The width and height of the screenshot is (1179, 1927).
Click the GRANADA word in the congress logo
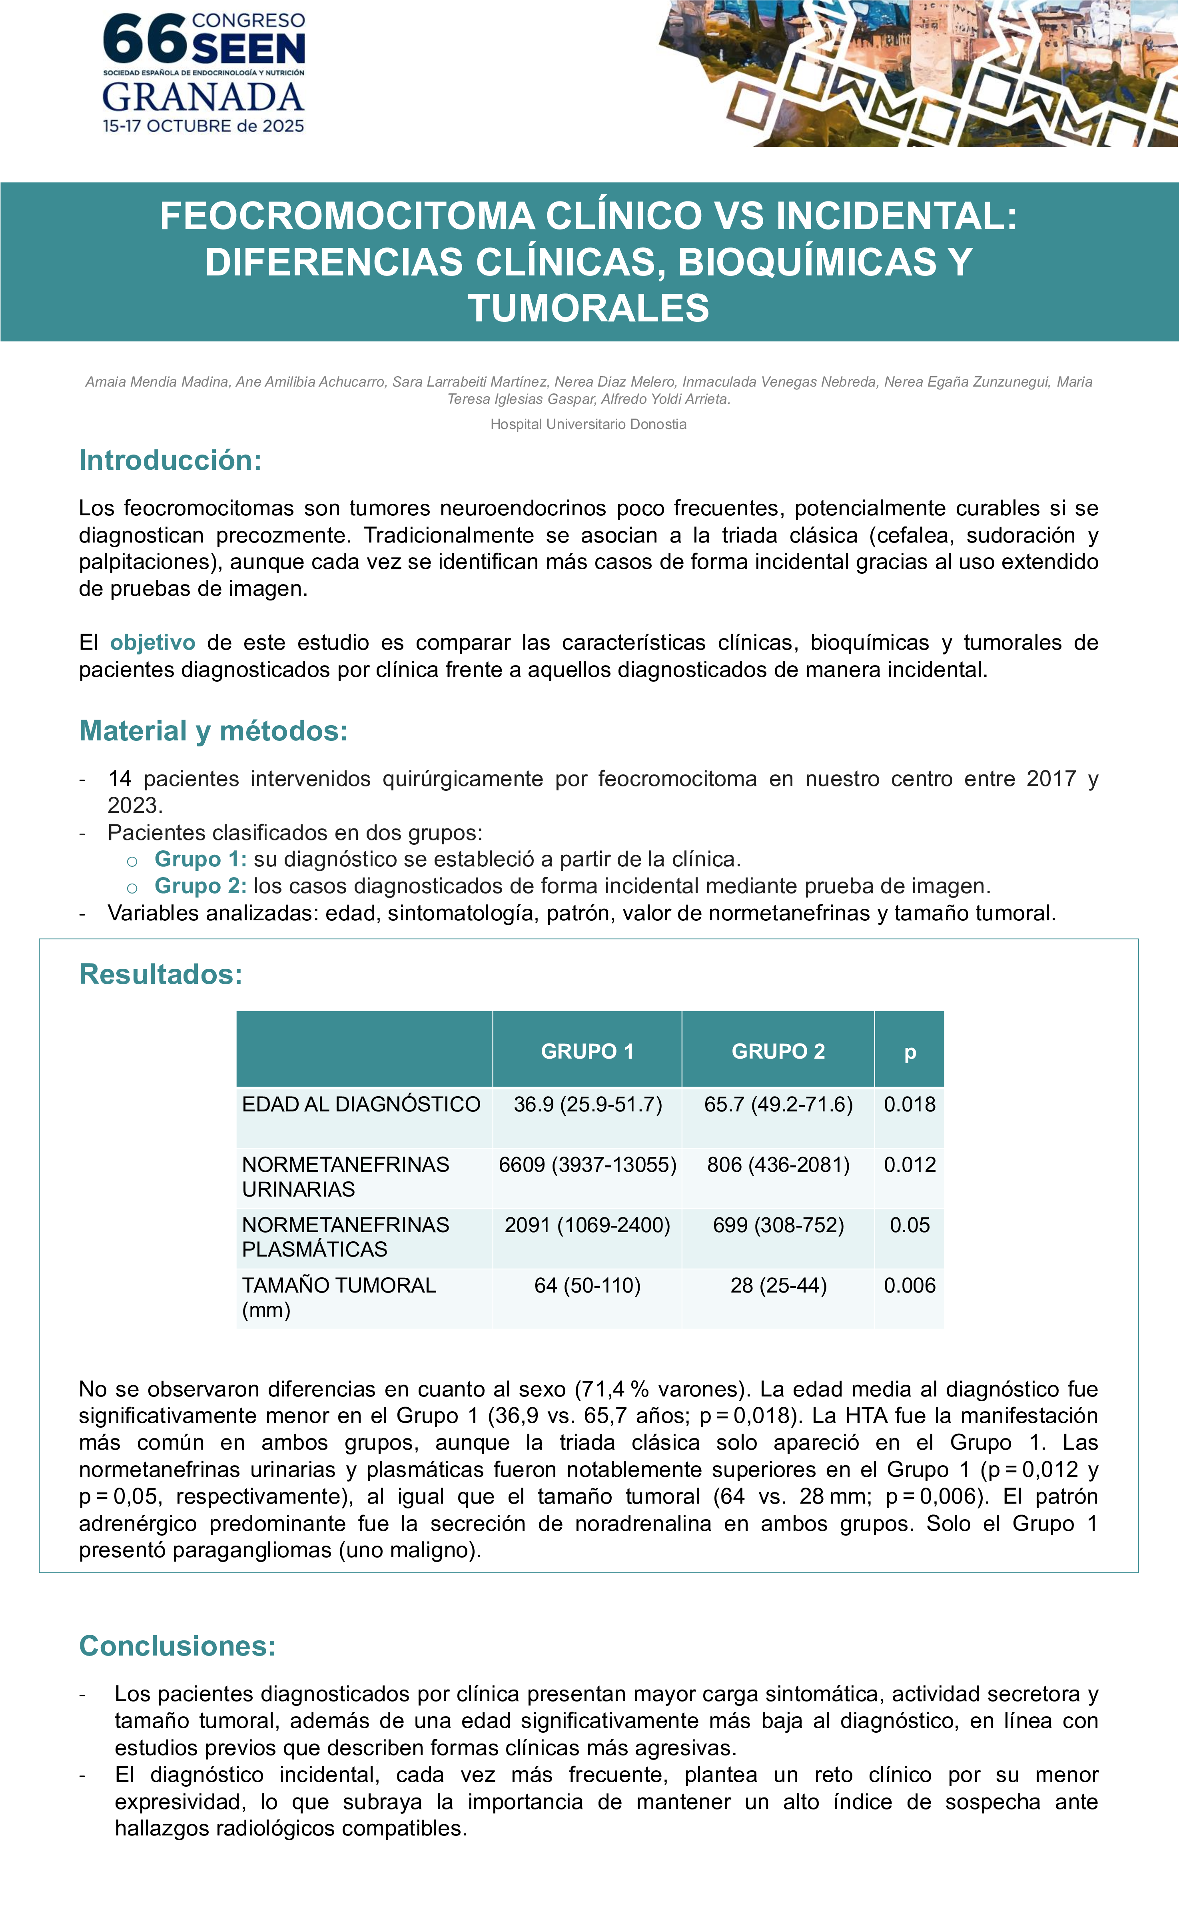[x=203, y=98]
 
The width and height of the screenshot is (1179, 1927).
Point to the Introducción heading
[x=170, y=460]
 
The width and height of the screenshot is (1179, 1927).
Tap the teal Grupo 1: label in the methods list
[x=200, y=859]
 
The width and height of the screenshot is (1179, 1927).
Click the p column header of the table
[x=909, y=1051]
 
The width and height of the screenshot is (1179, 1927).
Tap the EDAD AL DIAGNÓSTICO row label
[x=361, y=1104]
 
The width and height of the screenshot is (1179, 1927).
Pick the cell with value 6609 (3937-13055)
[x=587, y=1165]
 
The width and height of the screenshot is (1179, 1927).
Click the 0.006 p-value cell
[x=909, y=1285]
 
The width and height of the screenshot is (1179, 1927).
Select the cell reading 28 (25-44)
[x=778, y=1285]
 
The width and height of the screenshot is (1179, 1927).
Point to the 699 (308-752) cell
[x=778, y=1225]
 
